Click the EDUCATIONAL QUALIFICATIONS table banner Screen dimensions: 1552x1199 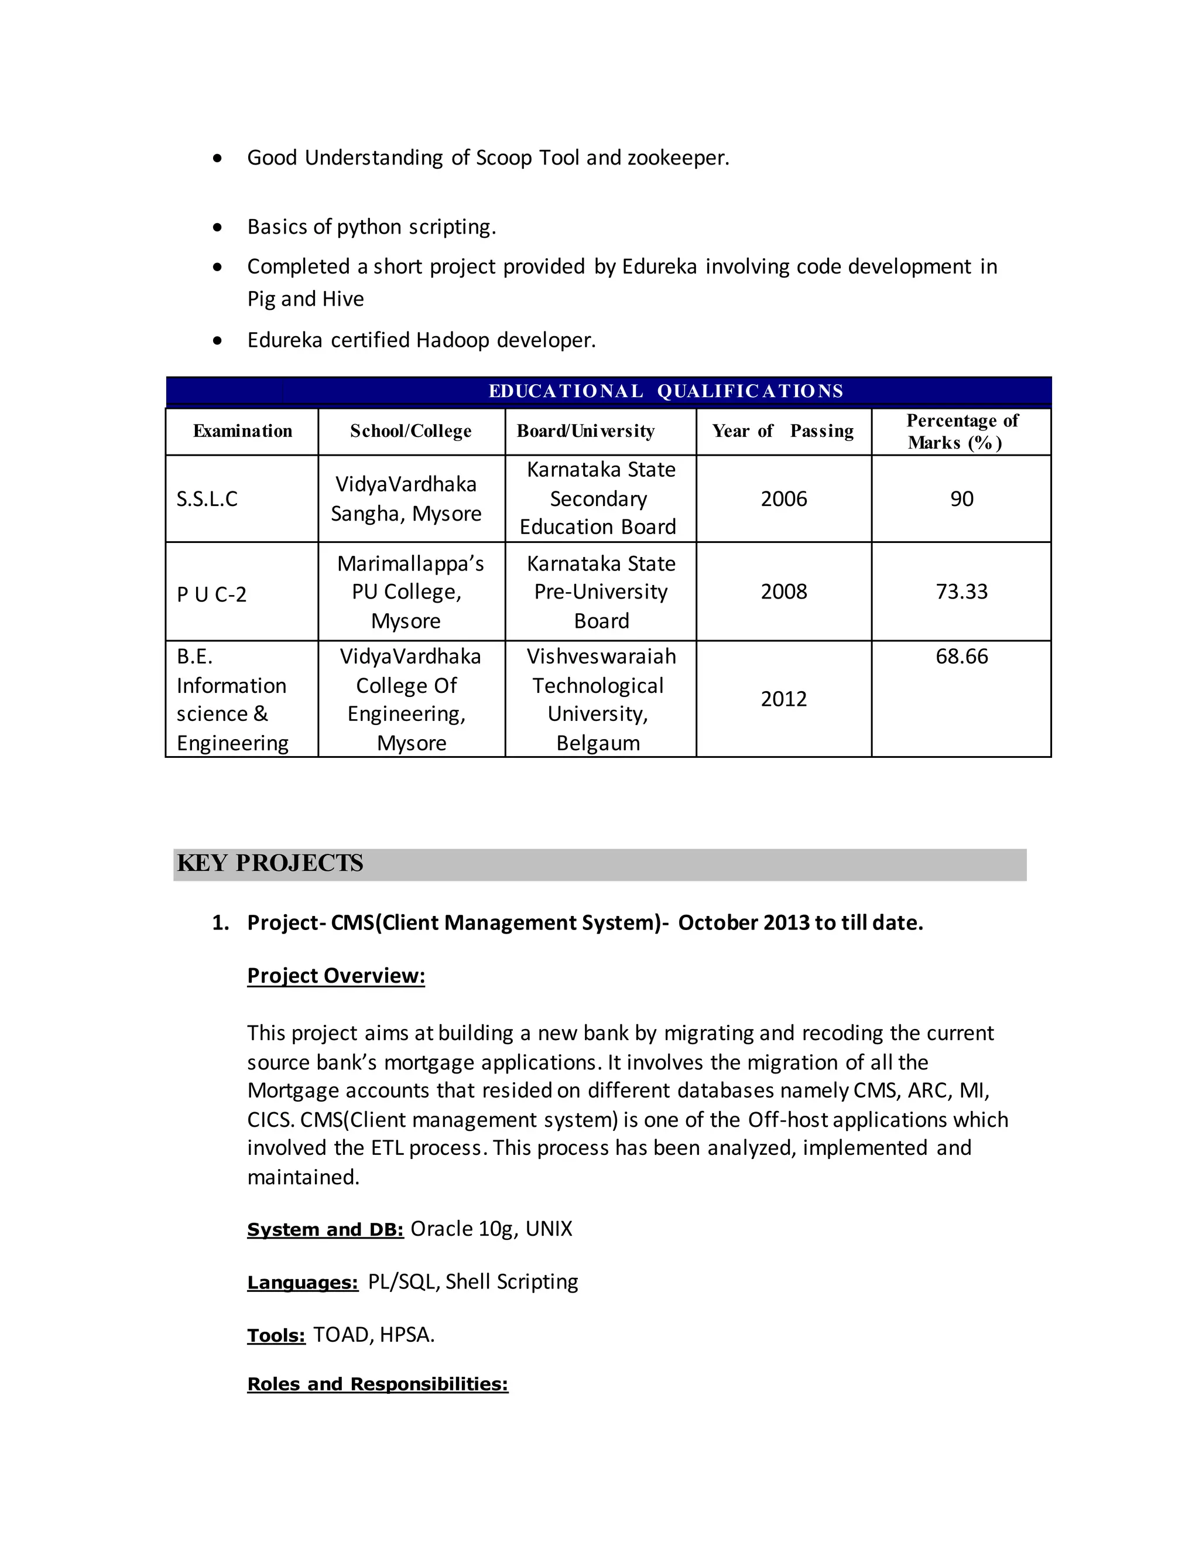(666, 391)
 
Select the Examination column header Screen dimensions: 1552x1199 (242, 430)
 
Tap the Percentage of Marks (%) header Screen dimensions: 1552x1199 (962, 432)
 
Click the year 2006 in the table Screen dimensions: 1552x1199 (783, 499)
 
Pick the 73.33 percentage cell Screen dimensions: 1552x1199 (961, 592)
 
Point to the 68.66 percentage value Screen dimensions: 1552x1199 (961, 656)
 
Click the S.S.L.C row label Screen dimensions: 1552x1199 (207, 499)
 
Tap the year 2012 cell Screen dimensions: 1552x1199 (783, 699)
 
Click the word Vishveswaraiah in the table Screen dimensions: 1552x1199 (601, 656)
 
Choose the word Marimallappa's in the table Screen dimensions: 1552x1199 (410, 563)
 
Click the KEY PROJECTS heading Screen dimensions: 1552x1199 (270, 863)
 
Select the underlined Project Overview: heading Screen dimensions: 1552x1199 (336, 976)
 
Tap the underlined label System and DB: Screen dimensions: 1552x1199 (326, 1230)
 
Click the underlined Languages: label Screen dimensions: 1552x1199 (303, 1283)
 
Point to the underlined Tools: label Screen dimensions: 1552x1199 (276, 1336)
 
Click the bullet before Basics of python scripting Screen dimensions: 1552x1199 (217, 227)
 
